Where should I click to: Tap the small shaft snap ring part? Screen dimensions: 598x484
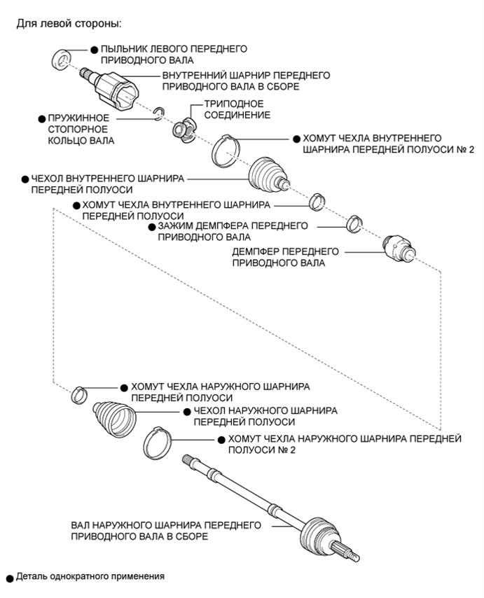click(x=160, y=114)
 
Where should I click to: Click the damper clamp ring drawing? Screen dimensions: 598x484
click(x=355, y=224)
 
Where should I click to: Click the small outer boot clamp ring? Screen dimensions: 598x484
click(x=80, y=394)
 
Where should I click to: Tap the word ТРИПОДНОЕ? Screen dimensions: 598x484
click(x=226, y=104)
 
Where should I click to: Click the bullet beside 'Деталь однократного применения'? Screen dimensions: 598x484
click(x=10, y=578)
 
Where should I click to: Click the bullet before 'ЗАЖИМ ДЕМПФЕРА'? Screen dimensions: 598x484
click(x=151, y=226)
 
